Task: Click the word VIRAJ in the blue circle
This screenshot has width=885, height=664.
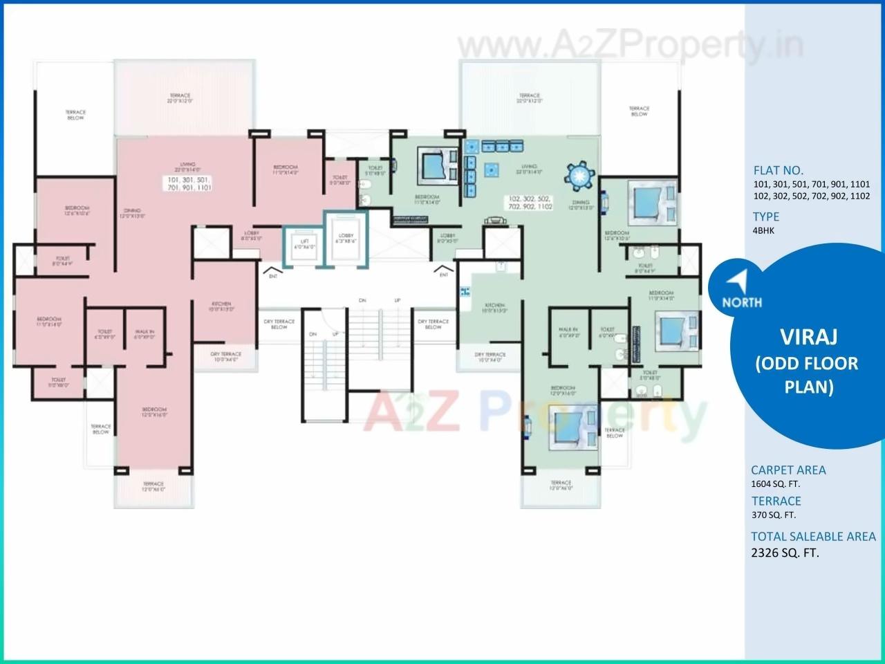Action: tap(809, 337)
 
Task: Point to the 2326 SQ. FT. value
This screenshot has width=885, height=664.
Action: tap(785, 553)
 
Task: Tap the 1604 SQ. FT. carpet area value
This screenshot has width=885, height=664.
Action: tap(775, 484)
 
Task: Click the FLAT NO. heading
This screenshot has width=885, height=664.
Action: tap(778, 170)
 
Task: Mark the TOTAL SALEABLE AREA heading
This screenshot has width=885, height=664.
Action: tap(813, 536)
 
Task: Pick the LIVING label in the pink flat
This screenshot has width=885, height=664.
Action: tap(187, 166)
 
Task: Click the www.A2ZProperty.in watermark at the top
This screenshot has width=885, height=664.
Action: tap(628, 46)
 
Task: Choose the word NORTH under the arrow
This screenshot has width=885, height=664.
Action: tap(742, 302)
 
